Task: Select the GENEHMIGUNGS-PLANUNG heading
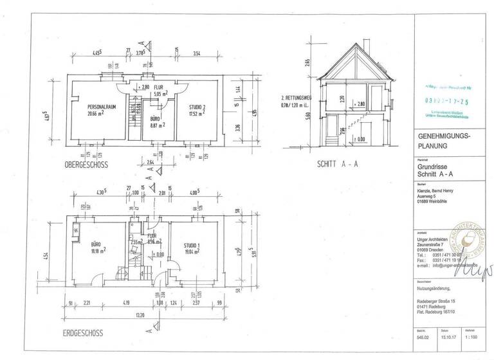point(445,141)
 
